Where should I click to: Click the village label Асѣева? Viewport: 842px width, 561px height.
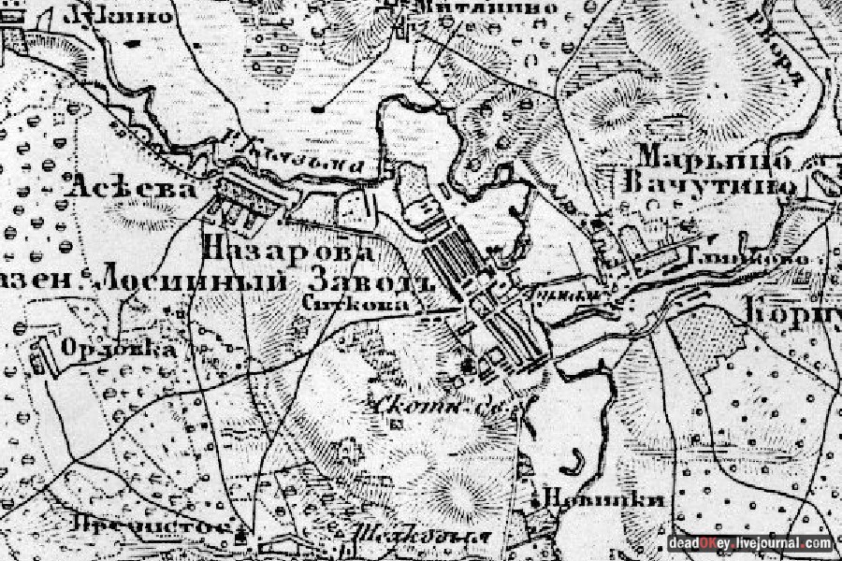click(131, 189)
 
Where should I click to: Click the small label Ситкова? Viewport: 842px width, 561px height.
click(343, 303)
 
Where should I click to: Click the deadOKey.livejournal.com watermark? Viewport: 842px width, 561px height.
click(749, 543)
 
